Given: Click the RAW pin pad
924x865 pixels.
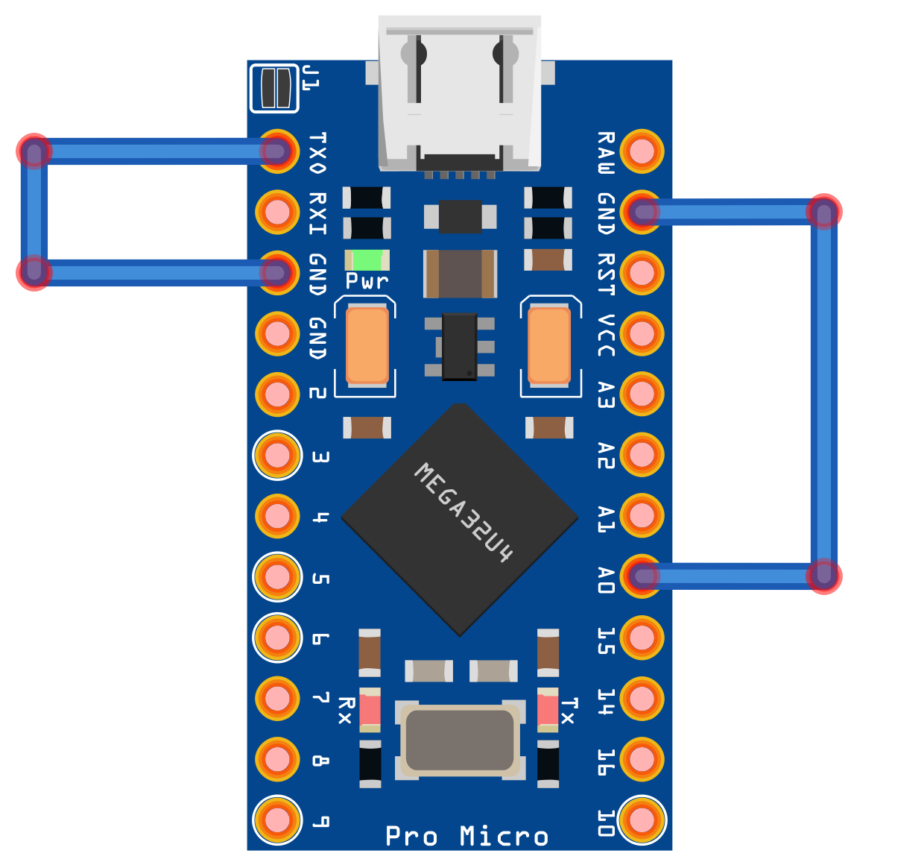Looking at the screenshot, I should click(642, 151).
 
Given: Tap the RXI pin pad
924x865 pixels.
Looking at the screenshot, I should click(277, 212).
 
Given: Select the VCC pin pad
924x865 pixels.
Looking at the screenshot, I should click(642, 333).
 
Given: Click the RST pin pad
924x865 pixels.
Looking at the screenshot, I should click(642, 273).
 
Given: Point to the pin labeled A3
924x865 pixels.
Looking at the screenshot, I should click(642, 394).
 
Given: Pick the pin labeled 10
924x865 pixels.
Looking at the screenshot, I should click(642, 820).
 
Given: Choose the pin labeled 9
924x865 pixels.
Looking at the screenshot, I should click(277, 820).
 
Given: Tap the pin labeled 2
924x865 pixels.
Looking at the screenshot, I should click(277, 394).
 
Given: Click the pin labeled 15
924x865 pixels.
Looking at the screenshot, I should click(642, 638).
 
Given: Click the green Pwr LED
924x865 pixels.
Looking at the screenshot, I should click(367, 260).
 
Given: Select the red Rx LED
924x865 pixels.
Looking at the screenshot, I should click(370, 709).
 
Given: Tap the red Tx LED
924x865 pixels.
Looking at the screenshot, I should click(548, 709).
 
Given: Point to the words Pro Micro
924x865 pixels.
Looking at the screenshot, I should click(466, 836).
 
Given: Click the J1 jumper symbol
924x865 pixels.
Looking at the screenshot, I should click(274, 88).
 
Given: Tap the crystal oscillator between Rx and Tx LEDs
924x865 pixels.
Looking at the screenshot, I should click(459, 740).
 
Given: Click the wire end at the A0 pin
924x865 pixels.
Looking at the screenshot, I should click(642, 576).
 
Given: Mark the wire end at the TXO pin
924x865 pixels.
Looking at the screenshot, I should click(277, 151).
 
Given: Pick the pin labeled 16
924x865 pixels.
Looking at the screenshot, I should click(642, 759).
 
